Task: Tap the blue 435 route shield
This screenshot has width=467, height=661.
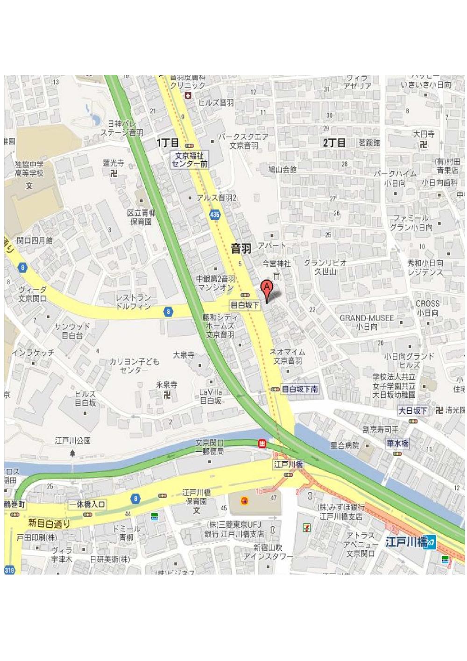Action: (214, 215)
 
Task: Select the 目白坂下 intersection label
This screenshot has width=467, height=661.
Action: (245, 305)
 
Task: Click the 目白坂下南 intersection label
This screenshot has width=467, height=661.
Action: (300, 389)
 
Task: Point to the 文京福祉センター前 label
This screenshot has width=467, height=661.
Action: (189, 160)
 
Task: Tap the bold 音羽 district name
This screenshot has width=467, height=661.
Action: (241, 249)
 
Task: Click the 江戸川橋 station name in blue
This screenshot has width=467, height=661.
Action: (406, 542)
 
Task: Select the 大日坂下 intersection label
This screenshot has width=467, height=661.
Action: (412, 410)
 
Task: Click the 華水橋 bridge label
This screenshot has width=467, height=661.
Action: (397, 443)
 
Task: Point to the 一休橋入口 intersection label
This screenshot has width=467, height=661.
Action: (87, 504)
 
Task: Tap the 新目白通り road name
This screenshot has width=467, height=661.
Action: (49, 523)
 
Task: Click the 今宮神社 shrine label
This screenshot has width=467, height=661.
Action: (276, 264)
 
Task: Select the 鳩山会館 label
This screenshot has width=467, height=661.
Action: (282, 169)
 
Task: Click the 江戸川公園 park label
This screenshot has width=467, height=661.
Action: (72, 440)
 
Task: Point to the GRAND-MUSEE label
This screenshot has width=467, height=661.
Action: (367, 318)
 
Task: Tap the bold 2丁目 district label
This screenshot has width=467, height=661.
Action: (334, 143)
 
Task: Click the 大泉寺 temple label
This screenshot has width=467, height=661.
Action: (184, 355)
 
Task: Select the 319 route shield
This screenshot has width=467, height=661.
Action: (9, 570)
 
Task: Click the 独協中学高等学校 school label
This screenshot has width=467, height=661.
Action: (29, 169)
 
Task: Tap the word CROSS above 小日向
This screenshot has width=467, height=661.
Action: (427, 303)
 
